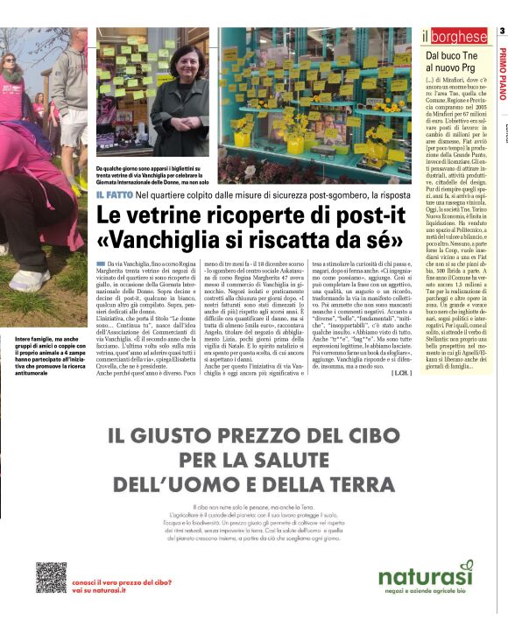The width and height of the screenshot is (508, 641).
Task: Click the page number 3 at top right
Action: tap(502, 32)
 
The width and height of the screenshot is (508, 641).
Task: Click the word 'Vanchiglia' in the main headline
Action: tap(183, 237)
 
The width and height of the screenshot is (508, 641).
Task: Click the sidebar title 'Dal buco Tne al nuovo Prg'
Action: tap(453, 60)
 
